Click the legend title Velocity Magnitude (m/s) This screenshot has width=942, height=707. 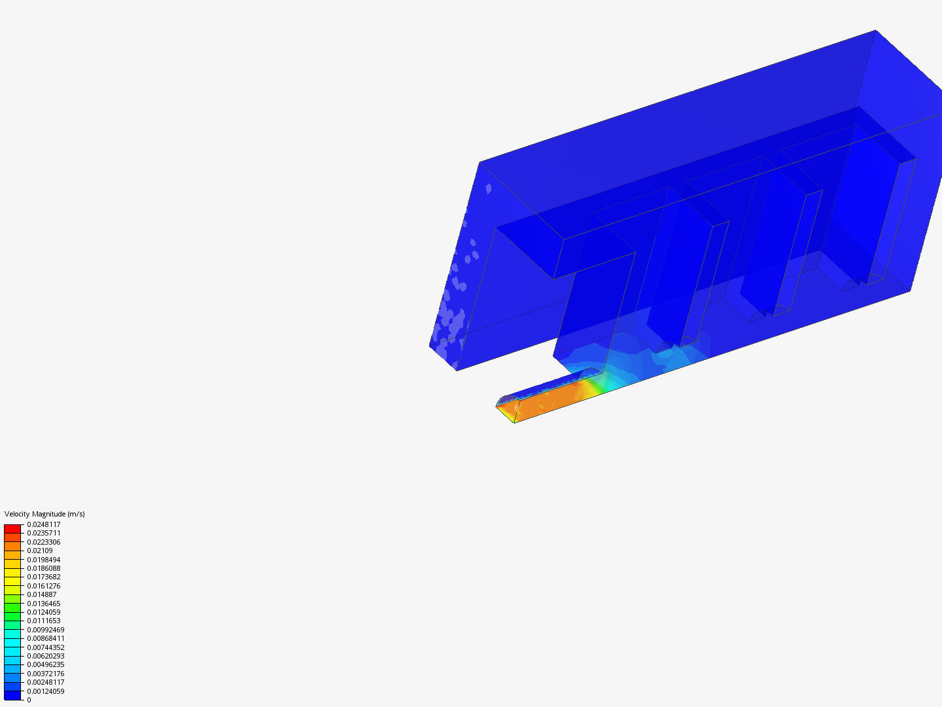[x=44, y=514]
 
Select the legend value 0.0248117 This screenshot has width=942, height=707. [x=44, y=524]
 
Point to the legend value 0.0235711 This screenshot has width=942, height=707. [x=44, y=533]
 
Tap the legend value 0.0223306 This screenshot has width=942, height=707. [x=44, y=542]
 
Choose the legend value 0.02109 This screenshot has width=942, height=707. [x=40, y=551]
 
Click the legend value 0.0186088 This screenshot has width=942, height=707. [x=44, y=568]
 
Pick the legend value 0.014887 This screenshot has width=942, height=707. [x=42, y=594]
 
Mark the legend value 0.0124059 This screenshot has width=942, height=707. [x=44, y=612]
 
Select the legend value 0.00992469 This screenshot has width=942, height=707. [x=46, y=630]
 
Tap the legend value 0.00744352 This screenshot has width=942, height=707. [x=46, y=647]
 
